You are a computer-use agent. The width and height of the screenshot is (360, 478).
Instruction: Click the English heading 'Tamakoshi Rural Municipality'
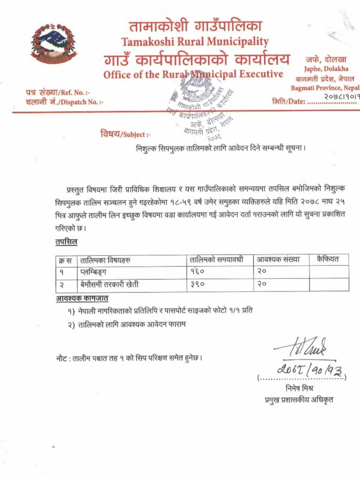[195, 41]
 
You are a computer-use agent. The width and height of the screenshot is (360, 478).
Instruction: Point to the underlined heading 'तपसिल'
[66, 242]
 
